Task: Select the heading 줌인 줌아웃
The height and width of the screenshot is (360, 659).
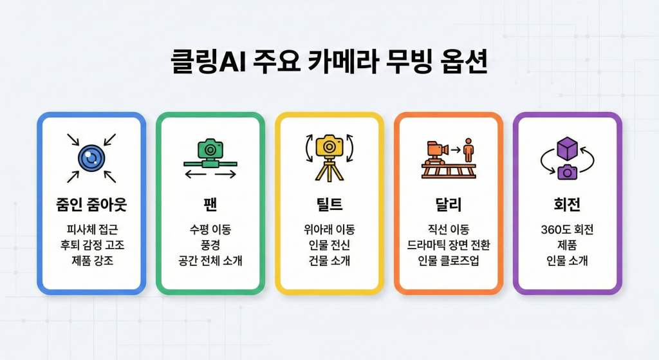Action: [x=91, y=205]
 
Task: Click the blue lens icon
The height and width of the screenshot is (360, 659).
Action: [x=91, y=157]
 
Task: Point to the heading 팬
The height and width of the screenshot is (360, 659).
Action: [x=210, y=205]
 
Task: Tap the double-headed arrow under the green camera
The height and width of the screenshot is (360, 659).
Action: [x=210, y=175]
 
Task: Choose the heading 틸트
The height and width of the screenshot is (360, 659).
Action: [x=329, y=205]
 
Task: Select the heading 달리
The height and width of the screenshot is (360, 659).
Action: [x=447, y=205]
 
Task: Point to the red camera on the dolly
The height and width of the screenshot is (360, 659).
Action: [x=436, y=149]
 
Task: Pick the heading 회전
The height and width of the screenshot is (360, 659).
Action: [x=567, y=205]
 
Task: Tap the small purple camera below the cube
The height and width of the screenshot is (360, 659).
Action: [x=567, y=172]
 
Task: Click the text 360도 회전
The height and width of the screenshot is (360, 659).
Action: [x=567, y=230]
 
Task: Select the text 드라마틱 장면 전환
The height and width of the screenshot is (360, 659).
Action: [x=448, y=245]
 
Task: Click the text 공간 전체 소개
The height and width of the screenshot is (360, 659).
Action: [x=210, y=261]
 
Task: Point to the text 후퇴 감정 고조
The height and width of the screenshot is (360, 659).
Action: [x=91, y=245]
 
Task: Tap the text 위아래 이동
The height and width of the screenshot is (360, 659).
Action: [x=329, y=230]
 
